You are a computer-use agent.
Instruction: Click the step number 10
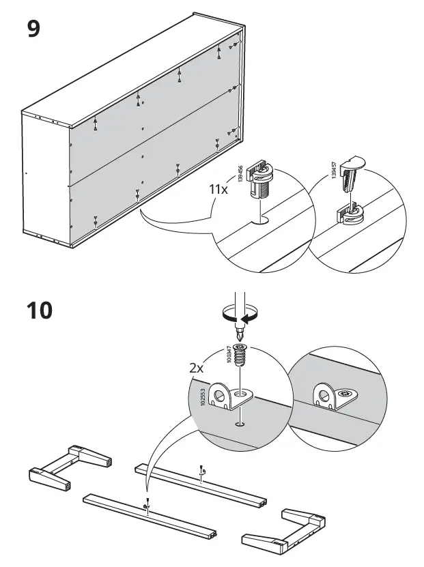[40, 310]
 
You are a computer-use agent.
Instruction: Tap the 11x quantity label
[218, 189]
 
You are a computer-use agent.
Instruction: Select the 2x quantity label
[197, 367]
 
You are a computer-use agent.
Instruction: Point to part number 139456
[240, 173]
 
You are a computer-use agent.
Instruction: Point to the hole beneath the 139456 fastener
[262, 220]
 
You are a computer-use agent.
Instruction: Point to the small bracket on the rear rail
[201, 471]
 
